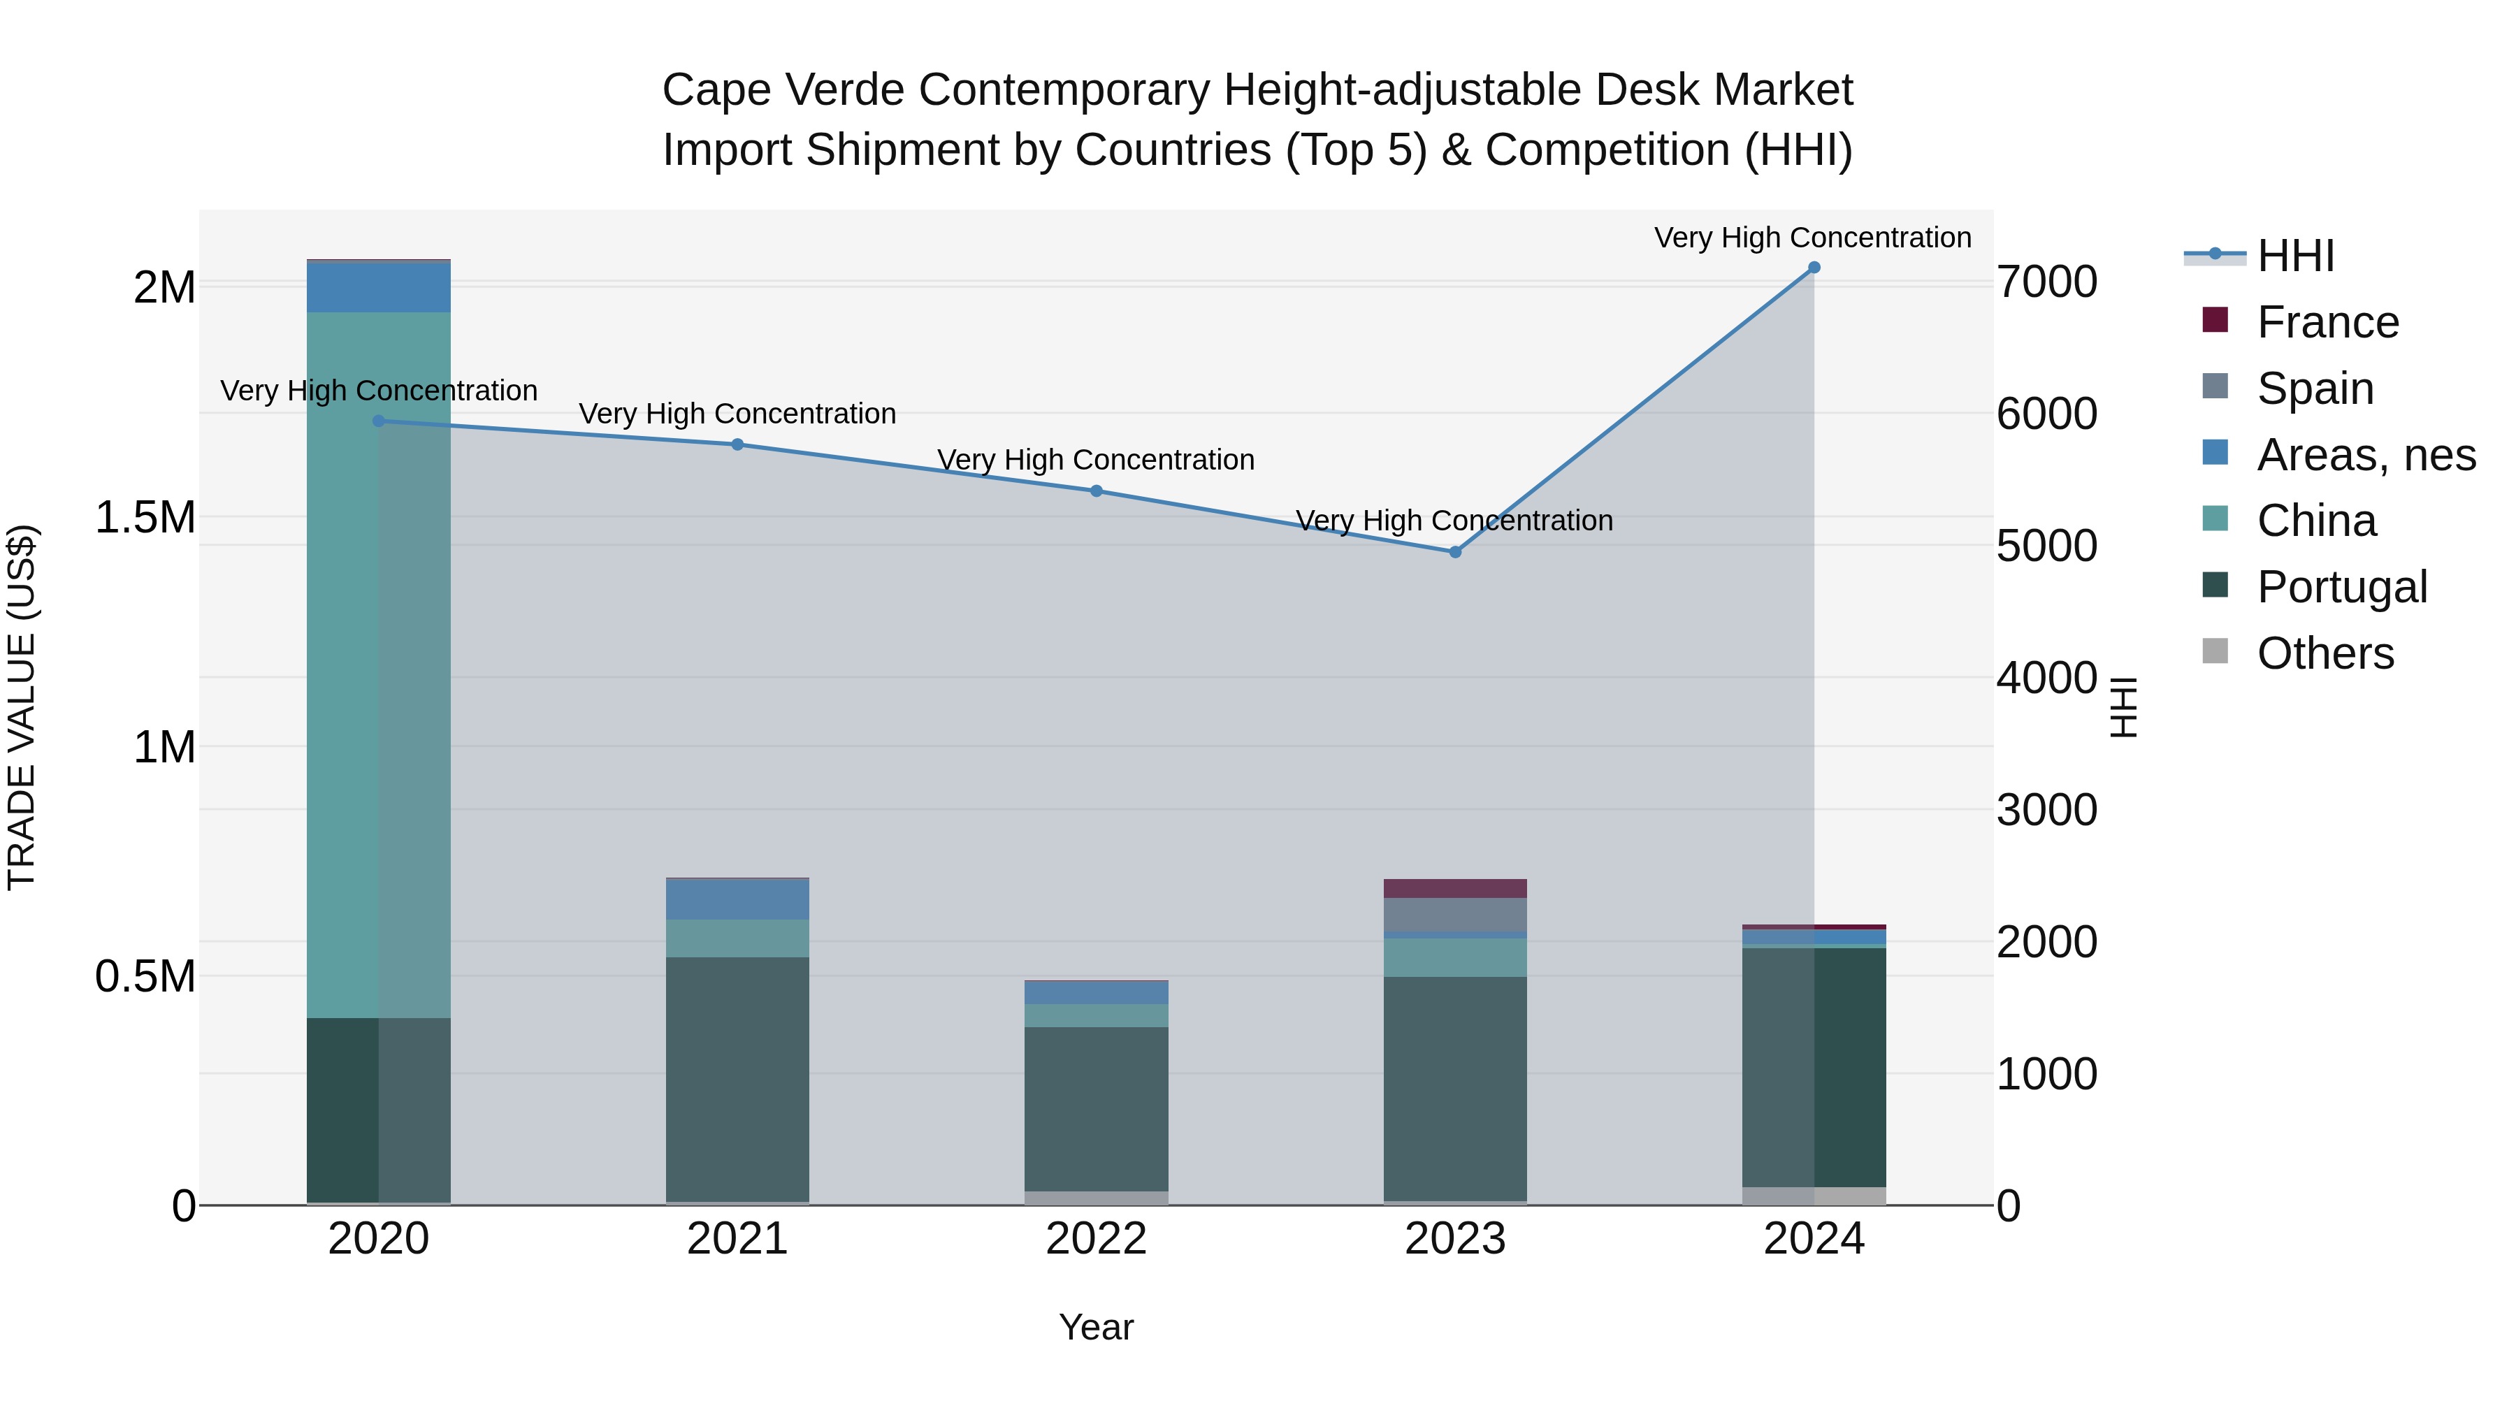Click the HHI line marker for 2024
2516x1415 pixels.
tap(1814, 268)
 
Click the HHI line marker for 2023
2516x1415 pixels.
tap(1454, 552)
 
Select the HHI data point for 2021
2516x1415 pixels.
tap(737, 444)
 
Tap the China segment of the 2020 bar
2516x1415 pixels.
tap(379, 664)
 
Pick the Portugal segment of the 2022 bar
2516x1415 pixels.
tap(1096, 1108)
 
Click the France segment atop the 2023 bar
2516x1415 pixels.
tap(1454, 887)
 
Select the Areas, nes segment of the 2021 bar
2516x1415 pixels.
tap(737, 899)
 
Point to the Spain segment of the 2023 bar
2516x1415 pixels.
tap(1454, 915)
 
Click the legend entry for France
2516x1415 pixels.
tap(2327, 322)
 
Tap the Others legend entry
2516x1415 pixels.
tap(2325, 653)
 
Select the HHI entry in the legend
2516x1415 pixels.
tap(2294, 256)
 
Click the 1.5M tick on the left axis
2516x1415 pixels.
tap(145, 518)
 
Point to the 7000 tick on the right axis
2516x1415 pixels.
tap(2046, 282)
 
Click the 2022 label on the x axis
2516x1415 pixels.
tap(1096, 1239)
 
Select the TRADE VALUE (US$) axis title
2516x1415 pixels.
tap(22, 707)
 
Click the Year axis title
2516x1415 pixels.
tap(1096, 1327)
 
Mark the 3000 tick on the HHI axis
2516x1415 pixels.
tap(2046, 810)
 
